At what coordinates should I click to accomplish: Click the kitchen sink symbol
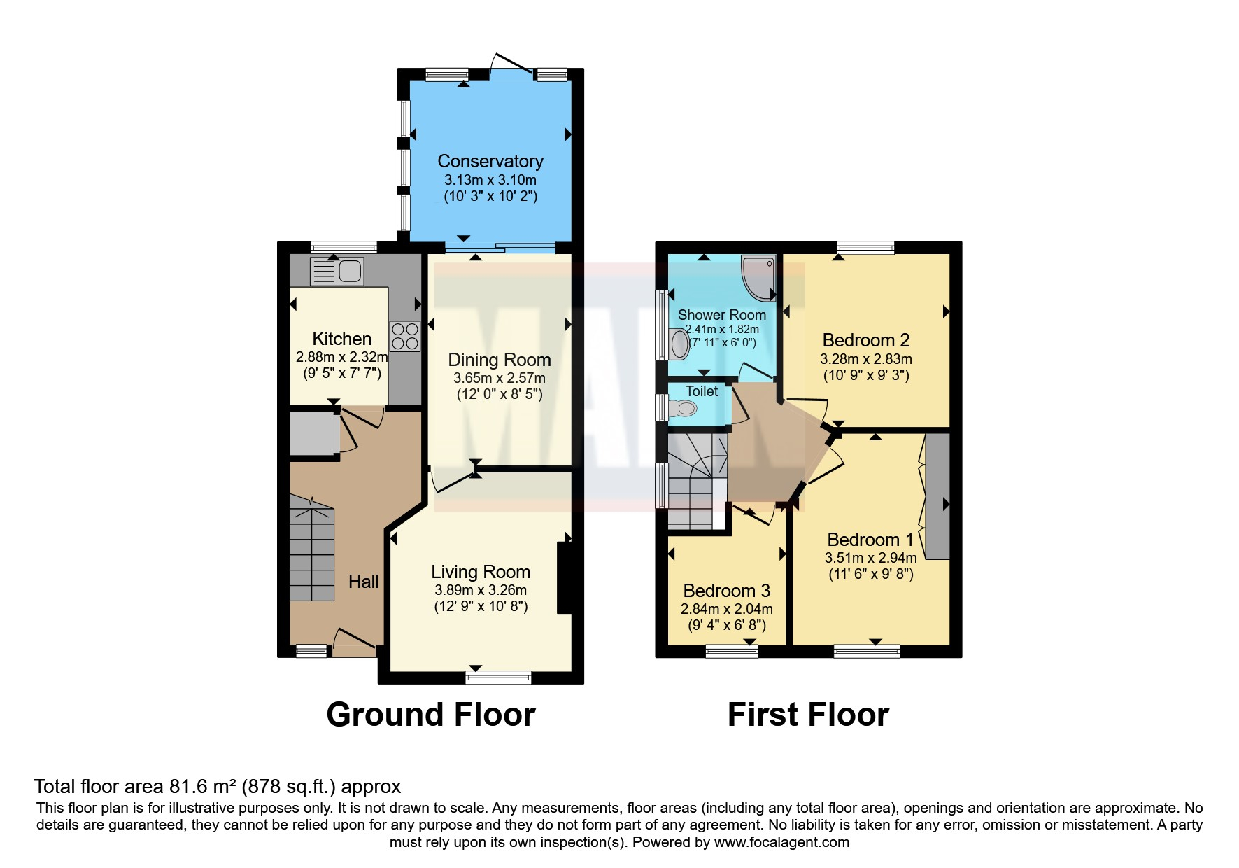(x=337, y=272)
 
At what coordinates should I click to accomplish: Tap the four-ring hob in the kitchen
(x=405, y=336)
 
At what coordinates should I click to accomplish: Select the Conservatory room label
(x=490, y=161)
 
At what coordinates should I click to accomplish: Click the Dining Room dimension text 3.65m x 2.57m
(x=500, y=378)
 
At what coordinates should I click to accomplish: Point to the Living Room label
(x=481, y=572)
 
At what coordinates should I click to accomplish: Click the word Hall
(x=364, y=581)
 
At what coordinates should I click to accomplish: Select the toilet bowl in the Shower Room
(x=678, y=344)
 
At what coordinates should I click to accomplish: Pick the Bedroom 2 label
(x=866, y=340)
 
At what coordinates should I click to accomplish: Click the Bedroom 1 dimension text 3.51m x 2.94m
(x=871, y=558)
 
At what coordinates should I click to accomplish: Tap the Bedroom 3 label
(x=727, y=591)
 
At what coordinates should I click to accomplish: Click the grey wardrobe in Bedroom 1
(x=938, y=496)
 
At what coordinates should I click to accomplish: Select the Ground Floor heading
(x=431, y=715)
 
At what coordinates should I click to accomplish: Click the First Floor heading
(x=808, y=715)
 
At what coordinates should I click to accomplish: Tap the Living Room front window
(x=499, y=677)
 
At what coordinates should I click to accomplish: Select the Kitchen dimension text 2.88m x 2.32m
(x=342, y=357)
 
